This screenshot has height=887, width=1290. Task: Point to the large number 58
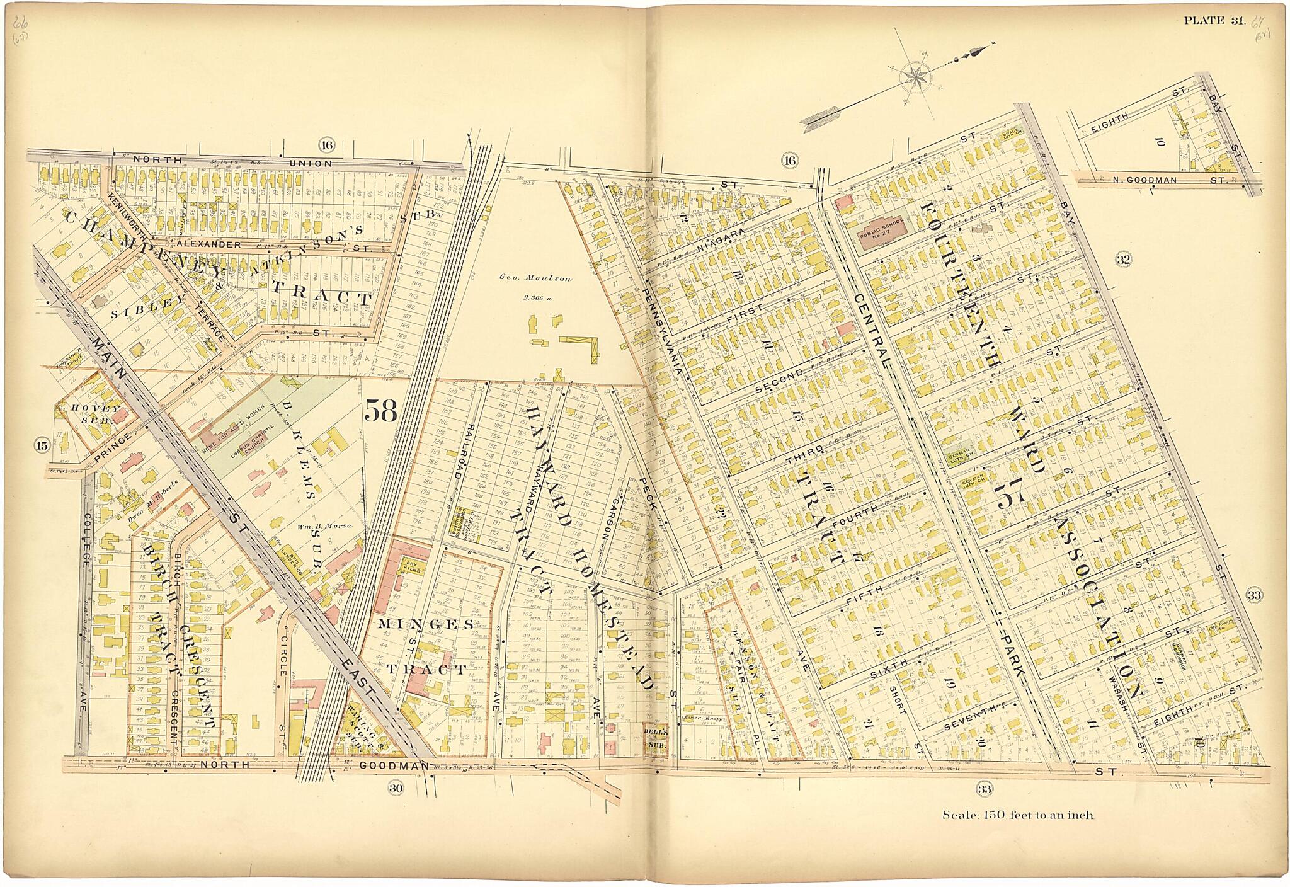[380, 411]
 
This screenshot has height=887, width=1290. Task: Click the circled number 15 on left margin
[42, 447]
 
